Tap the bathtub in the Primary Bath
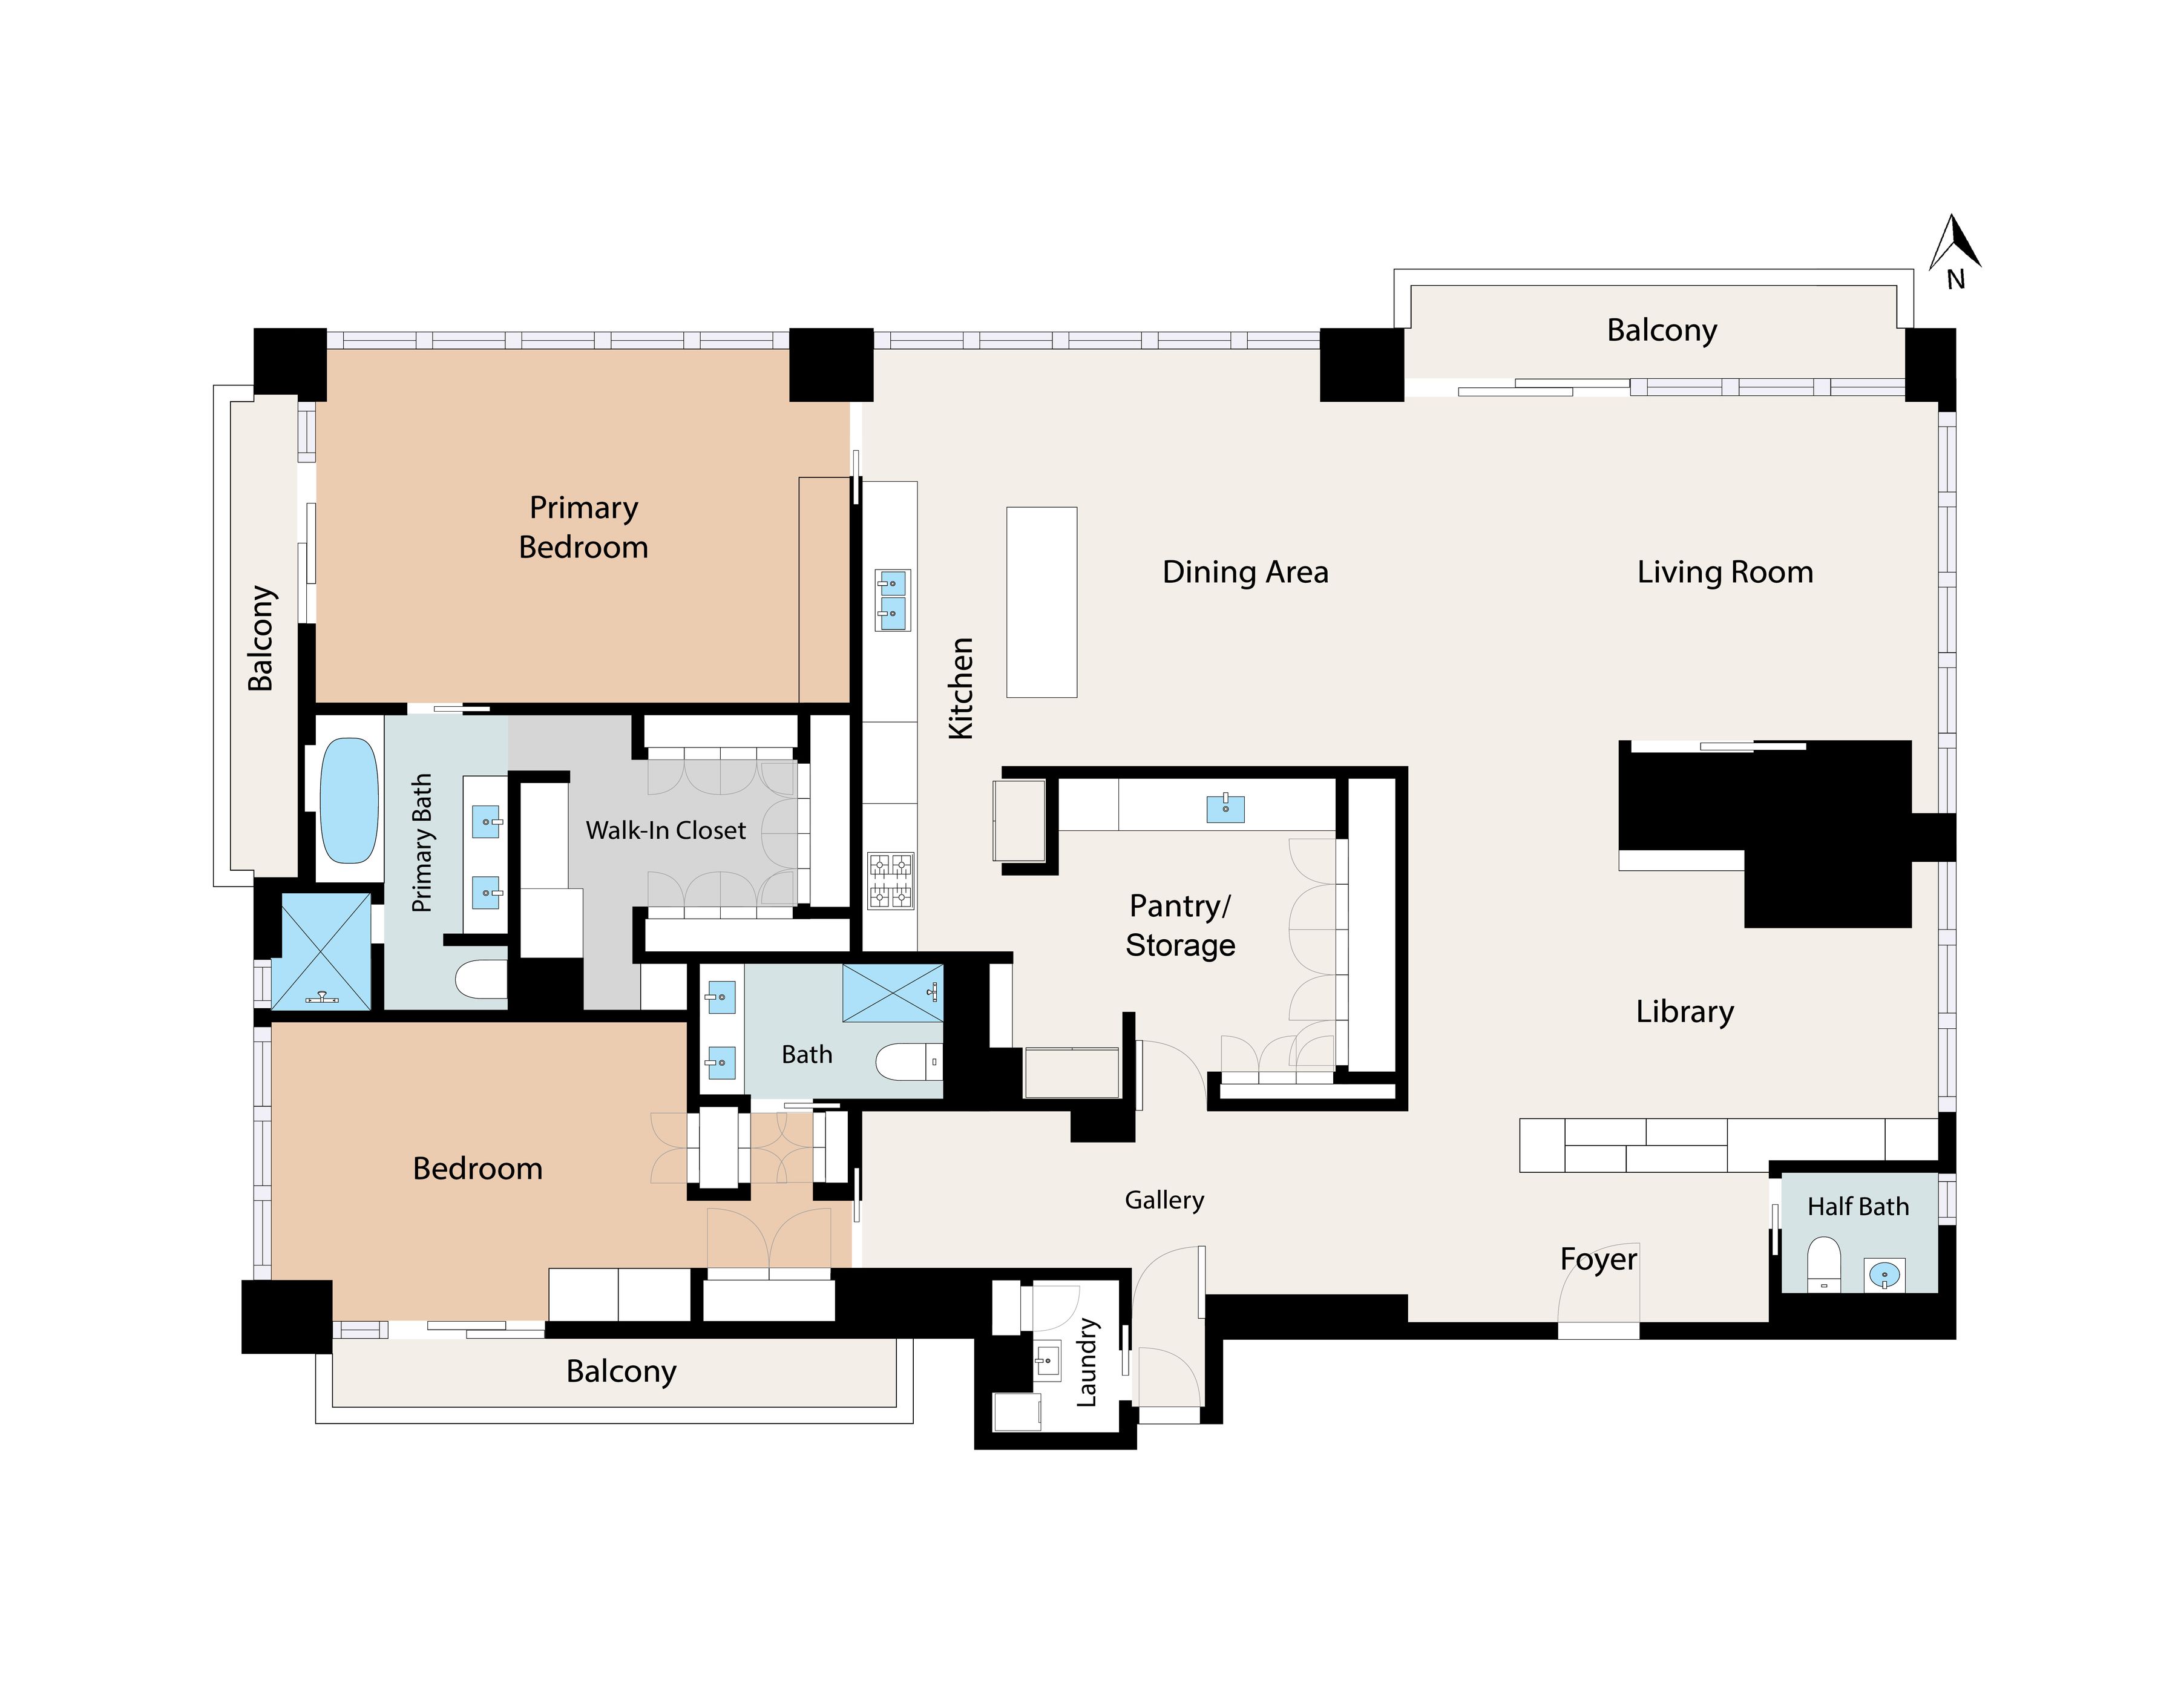[x=348, y=799]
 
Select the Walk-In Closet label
[x=665, y=830]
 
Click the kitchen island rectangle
[x=1041, y=601]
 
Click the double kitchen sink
[x=891, y=599]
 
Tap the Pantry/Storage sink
[x=1225, y=807]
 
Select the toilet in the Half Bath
[x=1823, y=1262]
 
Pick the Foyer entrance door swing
[x=1598, y=1296]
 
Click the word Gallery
[x=1164, y=1199]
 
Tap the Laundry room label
[x=1087, y=1362]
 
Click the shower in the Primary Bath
[x=321, y=951]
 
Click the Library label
[x=1684, y=1011]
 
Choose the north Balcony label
[x=1661, y=329]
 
